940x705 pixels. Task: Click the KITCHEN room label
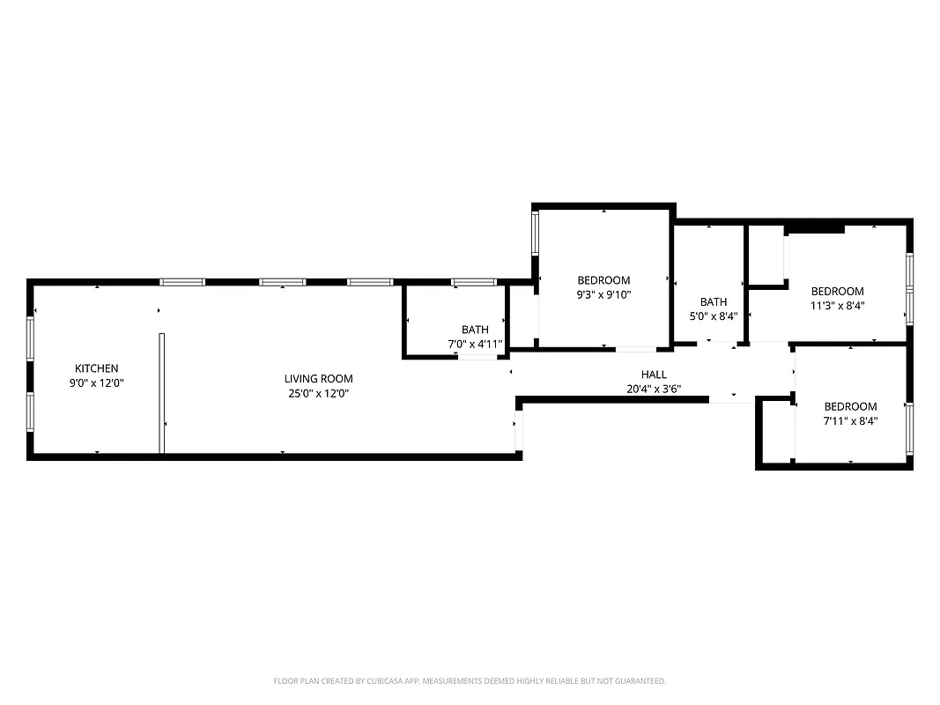(96, 368)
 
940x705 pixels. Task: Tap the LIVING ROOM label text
(318, 379)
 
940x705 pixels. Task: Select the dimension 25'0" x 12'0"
(318, 394)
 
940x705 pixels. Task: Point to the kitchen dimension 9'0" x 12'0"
(96, 383)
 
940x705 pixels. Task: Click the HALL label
(654, 375)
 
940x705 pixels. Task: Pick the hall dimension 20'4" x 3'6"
(654, 389)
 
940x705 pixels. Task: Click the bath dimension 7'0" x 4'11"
(474, 345)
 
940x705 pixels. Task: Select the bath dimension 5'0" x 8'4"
(714, 316)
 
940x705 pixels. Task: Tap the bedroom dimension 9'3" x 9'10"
(603, 295)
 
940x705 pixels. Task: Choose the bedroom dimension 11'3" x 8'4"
(837, 307)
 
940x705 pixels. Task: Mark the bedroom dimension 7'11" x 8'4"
(850, 421)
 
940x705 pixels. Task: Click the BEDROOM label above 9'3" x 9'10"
(603, 280)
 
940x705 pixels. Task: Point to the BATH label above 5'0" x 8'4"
(714, 301)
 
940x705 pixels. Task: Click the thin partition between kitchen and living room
(162, 392)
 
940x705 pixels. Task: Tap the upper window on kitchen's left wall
(30, 338)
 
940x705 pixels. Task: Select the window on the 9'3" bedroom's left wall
(535, 234)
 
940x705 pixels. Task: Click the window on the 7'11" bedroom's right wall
(909, 422)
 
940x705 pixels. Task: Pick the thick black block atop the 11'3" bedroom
(814, 229)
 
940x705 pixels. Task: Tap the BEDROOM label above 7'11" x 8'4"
(850, 406)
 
